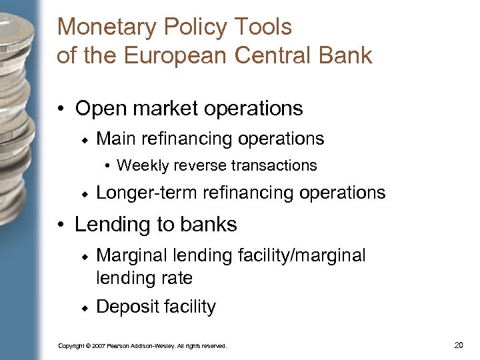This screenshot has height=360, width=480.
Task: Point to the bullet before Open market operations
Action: tap(61, 109)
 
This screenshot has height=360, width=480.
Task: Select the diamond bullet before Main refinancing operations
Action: tap(85, 140)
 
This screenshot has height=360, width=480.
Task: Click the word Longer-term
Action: tap(147, 193)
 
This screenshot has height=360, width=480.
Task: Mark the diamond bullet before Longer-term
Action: tap(85, 194)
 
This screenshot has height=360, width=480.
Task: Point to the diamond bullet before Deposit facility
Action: tap(85, 308)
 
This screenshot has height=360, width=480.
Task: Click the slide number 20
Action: tap(458, 345)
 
